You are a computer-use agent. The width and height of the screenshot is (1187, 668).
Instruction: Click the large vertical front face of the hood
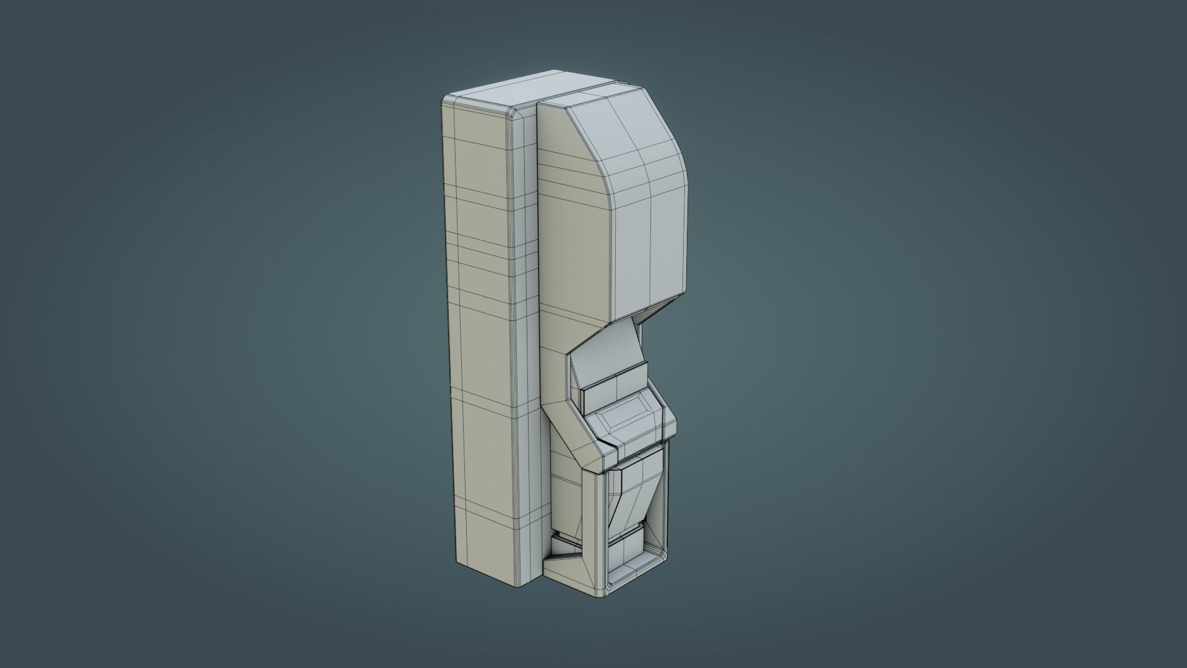pyautogui.click(x=649, y=247)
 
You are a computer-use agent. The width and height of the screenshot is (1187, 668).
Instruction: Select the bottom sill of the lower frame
pyautogui.click(x=634, y=581)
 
